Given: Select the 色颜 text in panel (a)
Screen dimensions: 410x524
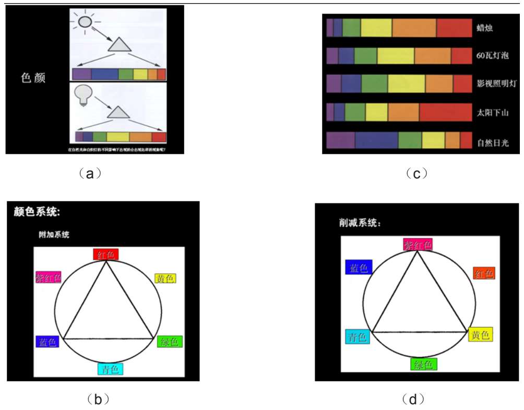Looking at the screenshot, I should tap(33, 78).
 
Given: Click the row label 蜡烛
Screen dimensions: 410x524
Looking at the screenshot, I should tap(485, 28).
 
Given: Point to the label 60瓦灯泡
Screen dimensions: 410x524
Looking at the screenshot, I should tap(492, 55).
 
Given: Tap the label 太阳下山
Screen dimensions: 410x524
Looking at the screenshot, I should tap(492, 112).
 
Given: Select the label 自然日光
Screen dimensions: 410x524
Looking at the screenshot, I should tap(492, 142).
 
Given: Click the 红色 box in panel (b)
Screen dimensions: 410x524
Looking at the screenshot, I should tap(106, 254).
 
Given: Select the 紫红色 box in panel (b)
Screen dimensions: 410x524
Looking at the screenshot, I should tap(48, 278).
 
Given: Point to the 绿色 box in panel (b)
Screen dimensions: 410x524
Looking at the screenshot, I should tap(170, 342).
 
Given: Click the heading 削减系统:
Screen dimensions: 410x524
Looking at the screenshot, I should tap(360, 223).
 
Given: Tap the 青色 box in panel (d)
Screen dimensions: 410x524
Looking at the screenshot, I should tap(358, 336).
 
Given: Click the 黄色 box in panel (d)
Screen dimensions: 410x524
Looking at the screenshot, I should tap(481, 334).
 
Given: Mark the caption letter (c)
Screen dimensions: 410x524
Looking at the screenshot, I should tap(416, 174).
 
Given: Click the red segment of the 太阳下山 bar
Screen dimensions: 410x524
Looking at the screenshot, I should tap(445, 112).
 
